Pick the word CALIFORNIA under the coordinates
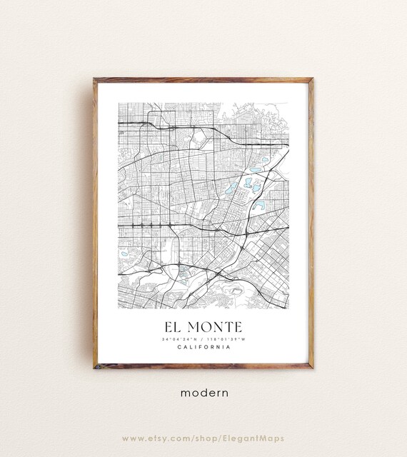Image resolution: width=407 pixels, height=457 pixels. coord(203,348)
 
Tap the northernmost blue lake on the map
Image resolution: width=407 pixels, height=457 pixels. coord(264,160)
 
